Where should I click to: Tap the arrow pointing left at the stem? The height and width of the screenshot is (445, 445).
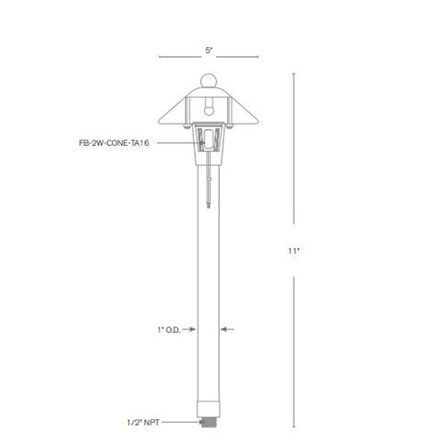[225, 329]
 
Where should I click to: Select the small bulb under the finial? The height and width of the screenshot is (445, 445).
[209, 105]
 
